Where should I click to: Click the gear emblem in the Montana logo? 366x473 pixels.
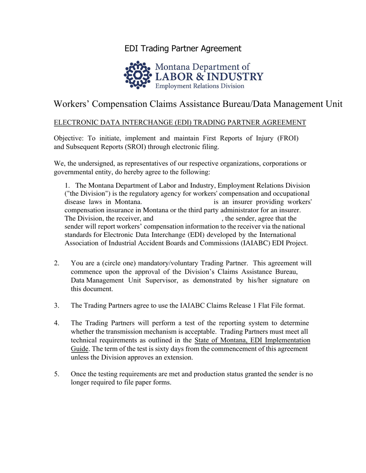138,75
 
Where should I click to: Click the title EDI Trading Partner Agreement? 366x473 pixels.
183,48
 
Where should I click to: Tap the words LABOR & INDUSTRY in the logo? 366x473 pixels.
209,76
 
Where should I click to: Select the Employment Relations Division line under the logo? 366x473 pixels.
200,86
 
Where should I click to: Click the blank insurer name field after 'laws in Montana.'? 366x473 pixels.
178,202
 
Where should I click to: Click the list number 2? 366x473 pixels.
57,263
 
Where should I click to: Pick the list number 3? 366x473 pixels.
57,306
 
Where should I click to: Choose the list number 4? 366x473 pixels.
57,323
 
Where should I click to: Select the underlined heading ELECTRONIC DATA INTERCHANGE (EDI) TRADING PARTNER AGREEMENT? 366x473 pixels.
180,123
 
